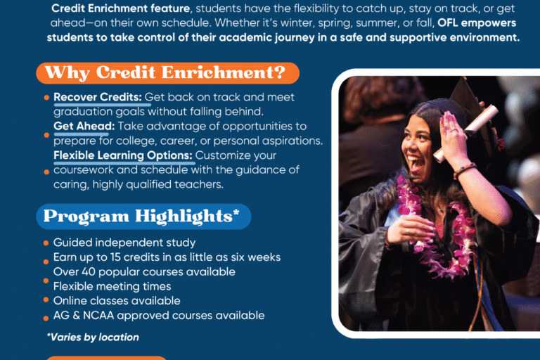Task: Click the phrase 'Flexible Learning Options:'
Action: coord(124,155)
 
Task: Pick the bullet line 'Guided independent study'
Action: coord(124,243)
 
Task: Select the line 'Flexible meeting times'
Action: coord(112,286)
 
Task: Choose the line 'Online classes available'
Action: coord(115,301)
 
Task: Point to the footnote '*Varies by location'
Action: coord(93,337)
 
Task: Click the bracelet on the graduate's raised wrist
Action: coord(465,171)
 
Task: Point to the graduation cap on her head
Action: coord(468,98)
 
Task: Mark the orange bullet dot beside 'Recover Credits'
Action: coord(46,98)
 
